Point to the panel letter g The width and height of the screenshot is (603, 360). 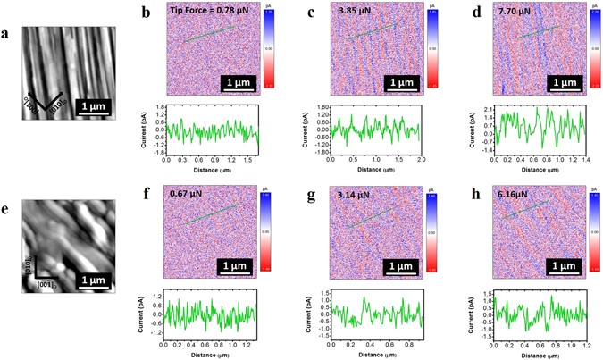pos(309,193)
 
